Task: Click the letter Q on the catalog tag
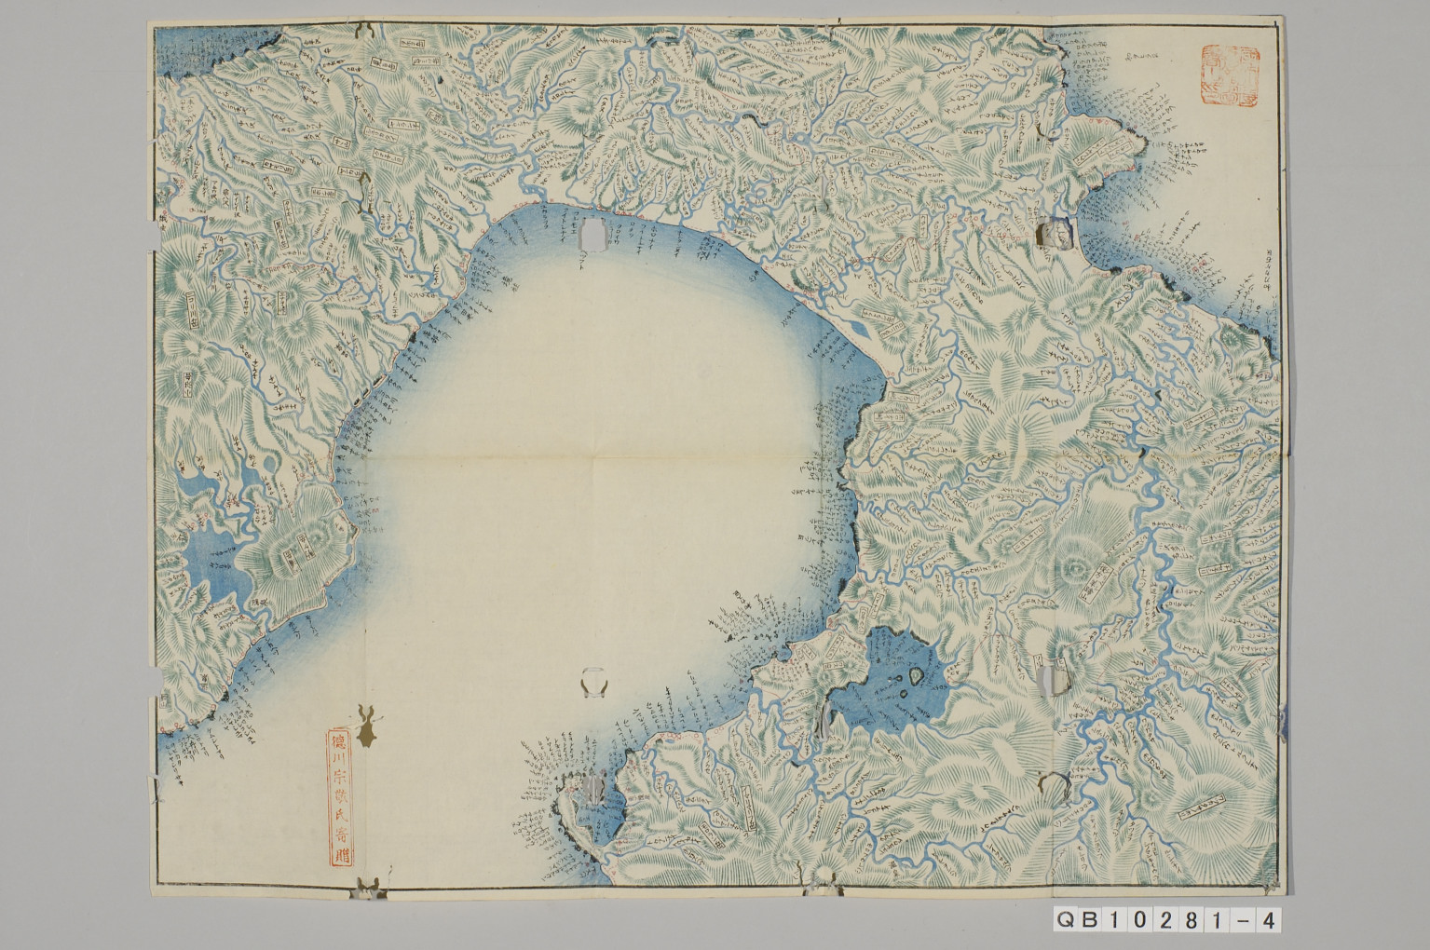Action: click(x=1065, y=920)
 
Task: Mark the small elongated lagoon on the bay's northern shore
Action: click(x=862, y=330)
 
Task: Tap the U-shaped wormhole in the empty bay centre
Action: click(x=593, y=685)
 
